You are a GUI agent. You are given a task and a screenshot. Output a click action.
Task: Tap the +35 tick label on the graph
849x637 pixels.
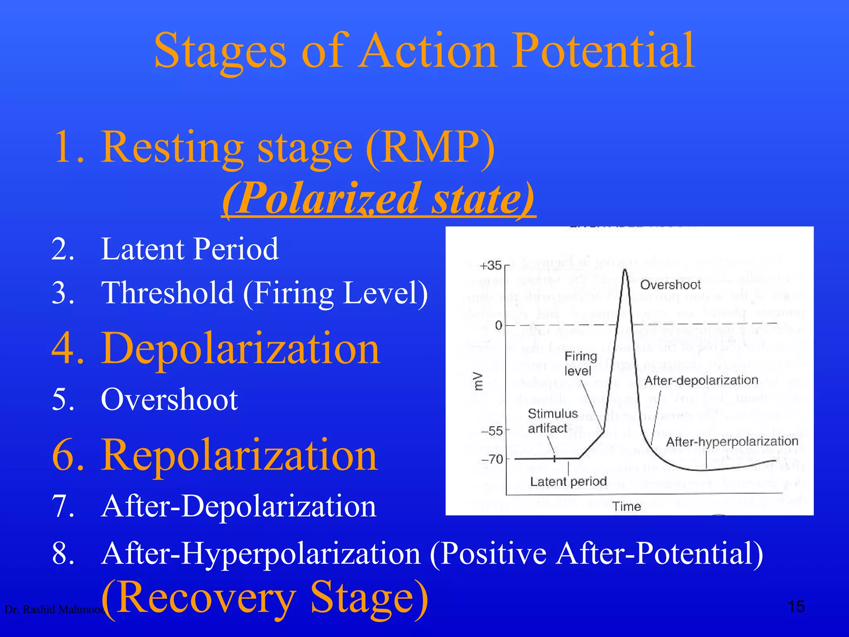tap(491, 265)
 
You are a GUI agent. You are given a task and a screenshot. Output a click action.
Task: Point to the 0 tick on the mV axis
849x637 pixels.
tap(499, 326)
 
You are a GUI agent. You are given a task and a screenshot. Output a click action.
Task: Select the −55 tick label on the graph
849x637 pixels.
tap(492, 431)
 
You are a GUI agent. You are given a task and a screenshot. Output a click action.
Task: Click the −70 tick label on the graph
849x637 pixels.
tap(492, 459)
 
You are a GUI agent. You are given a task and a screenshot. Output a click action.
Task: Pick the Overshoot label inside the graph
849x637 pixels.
tap(670, 285)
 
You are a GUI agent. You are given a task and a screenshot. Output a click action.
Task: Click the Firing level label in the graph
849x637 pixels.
tap(580, 363)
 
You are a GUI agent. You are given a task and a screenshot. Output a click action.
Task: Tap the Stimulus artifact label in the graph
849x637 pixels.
tap(552, 421)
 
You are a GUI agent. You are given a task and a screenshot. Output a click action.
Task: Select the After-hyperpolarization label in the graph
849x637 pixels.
tap(732, 442)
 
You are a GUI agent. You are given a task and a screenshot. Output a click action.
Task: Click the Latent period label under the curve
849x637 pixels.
tap(568, 481)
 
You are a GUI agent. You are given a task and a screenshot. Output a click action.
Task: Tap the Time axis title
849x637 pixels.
tap(626, 506)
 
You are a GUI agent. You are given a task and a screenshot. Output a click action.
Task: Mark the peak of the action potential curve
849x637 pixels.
tap(625, 270)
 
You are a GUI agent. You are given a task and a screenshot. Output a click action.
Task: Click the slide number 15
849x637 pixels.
tap(796, 607)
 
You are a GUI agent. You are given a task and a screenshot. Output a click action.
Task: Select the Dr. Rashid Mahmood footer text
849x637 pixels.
tap(54, 610)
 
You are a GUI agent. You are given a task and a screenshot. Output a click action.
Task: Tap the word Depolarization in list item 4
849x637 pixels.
tap(240, 348)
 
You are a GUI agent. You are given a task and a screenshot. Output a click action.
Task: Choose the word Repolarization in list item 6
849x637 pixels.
tap(240, 455)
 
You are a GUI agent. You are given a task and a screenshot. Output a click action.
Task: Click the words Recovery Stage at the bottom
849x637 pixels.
tap(264, 598)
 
